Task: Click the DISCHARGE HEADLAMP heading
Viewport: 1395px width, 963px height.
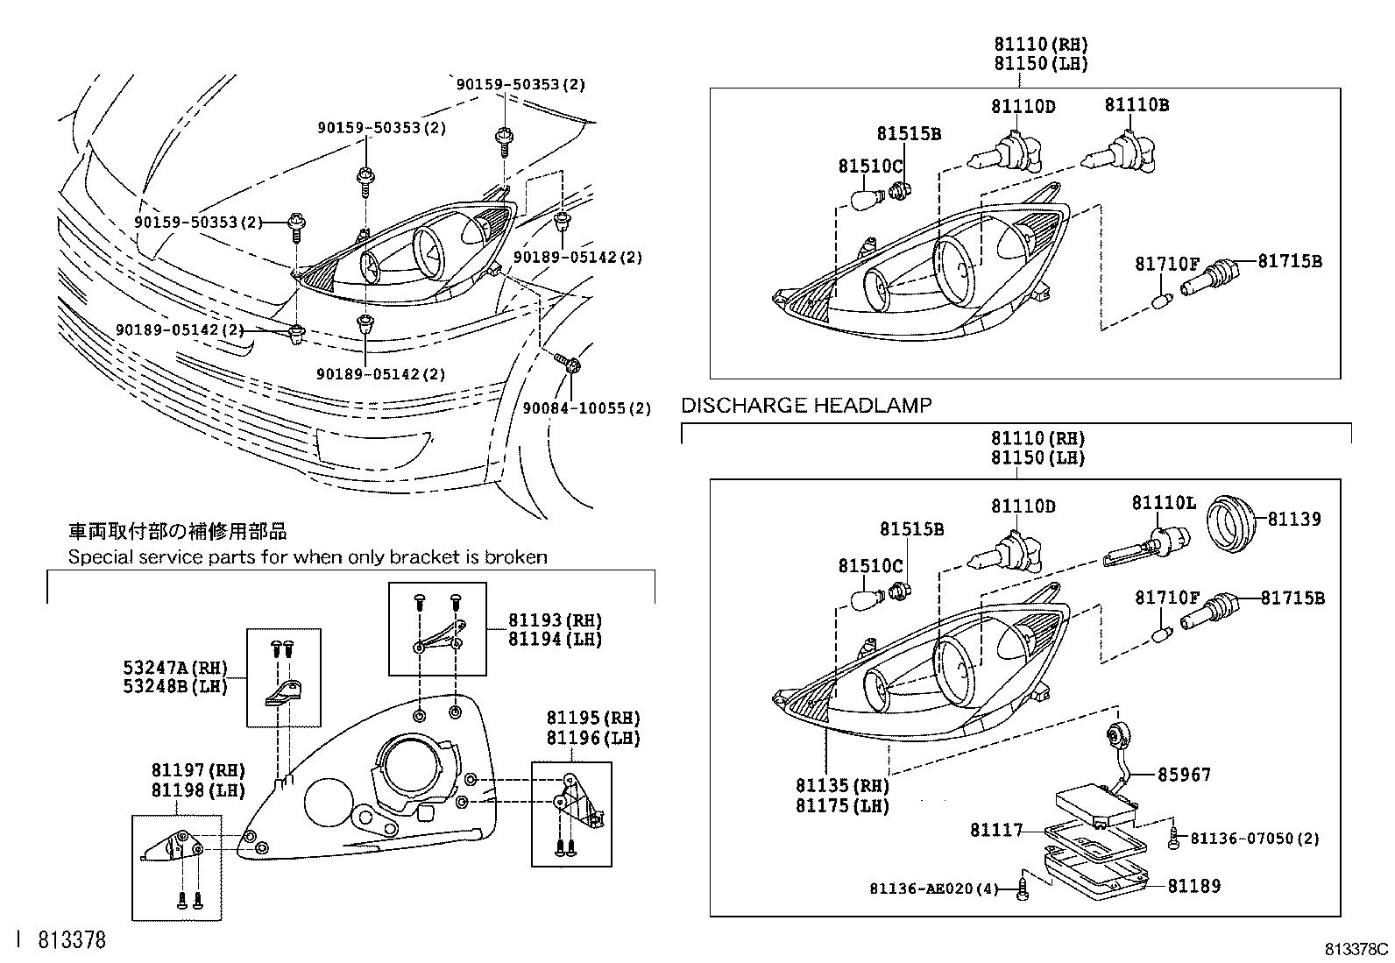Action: (806, 405)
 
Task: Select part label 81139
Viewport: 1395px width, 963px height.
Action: (1295, 519)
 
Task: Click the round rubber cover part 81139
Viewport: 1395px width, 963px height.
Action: (1232, 523)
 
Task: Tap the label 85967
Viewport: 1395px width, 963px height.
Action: (1184, 775)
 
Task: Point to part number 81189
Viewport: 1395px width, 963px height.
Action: (1193, 886)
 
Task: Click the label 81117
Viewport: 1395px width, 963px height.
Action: (996, 829)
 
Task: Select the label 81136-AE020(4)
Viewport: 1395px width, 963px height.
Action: (934, 889)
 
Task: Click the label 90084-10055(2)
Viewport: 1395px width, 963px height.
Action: (586, 408)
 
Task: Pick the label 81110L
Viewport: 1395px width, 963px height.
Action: (1164, 502)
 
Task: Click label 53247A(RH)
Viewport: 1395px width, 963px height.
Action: (175, 668)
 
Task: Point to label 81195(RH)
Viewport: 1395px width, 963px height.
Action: (593, 719)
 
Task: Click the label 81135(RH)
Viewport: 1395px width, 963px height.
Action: (842, 786)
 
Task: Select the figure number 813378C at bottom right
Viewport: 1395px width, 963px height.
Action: (1356, 949)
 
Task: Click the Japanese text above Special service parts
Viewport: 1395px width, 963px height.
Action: (178, 532)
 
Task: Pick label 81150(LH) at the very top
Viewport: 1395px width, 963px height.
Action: (1041, 63)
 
